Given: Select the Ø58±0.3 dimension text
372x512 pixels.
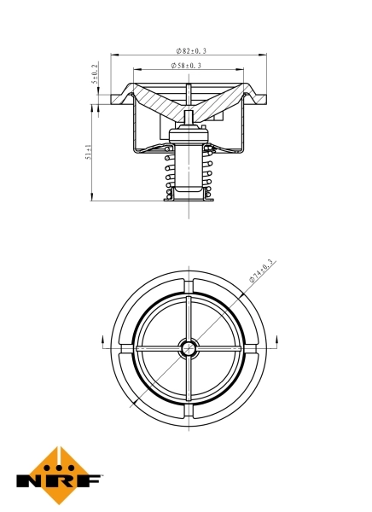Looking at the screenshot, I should pyautogui.click(x=187, y=66).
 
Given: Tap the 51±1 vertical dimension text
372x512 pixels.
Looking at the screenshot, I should pyautogui.click(x=90, y=153).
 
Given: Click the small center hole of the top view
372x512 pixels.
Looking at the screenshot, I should pyautogui.click(x=187, y=347).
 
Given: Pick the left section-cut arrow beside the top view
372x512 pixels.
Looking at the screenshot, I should pyautogui.click(x=103, y=341).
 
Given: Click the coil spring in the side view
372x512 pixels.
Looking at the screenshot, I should pyautogui.click(x=187, y=175).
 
